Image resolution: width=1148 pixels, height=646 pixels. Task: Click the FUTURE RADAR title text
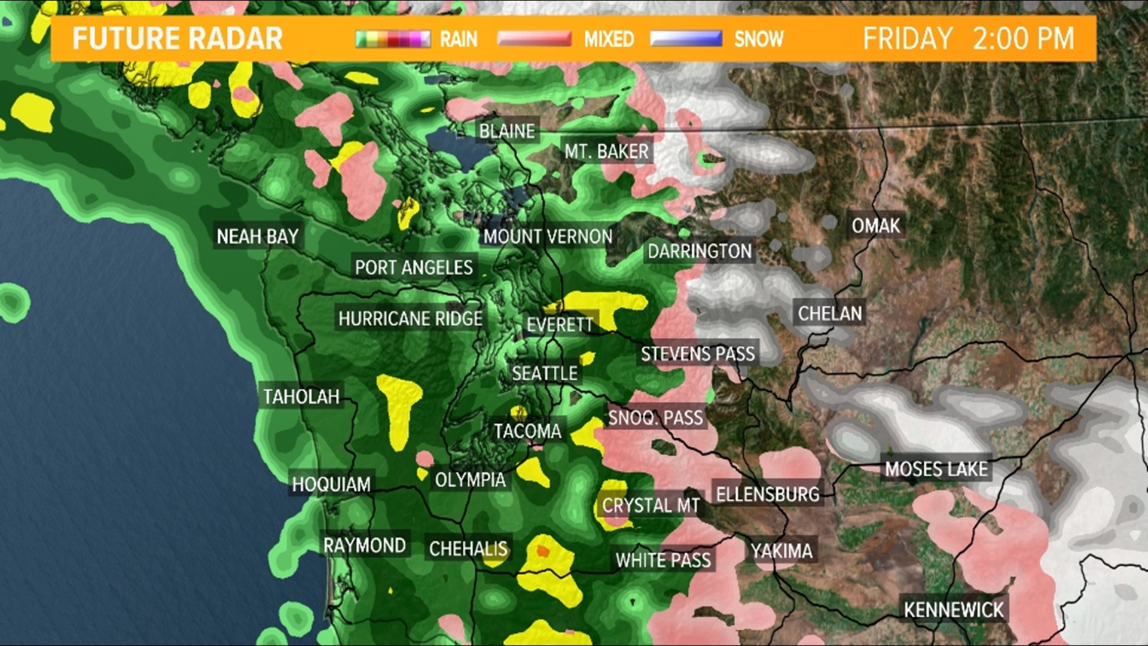point(177,39)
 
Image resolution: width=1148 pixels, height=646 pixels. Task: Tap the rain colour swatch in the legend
point(393,39)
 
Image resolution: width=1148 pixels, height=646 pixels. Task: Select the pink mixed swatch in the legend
point(534,39)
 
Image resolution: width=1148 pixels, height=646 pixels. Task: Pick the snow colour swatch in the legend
point(686,39)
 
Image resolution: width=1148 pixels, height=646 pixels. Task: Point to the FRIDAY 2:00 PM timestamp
point(968,39)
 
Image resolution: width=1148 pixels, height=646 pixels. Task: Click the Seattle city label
point(544,374)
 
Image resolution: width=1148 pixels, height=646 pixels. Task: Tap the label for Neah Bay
point(257,237)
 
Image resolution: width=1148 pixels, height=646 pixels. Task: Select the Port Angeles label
point(414,267)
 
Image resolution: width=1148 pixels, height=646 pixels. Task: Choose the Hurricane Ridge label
point(410,319)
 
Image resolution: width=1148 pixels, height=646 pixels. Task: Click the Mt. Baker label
point(606,152)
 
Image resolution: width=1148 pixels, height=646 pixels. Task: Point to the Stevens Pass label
point(698,354)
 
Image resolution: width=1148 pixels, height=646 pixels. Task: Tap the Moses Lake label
point(936,470)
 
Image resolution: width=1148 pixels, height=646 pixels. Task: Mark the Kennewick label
point(953,610)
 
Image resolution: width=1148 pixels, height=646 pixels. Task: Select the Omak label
point(875,226)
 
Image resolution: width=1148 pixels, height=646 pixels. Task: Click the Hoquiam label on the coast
point(331,484)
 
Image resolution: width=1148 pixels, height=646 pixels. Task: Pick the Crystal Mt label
point(651,506)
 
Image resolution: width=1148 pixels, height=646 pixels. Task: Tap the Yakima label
point(781,551)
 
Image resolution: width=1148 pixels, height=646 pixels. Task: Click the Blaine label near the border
point(506,131)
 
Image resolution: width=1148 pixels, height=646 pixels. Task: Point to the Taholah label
point(301,397)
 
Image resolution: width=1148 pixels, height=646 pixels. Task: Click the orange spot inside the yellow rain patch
point(542,551)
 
